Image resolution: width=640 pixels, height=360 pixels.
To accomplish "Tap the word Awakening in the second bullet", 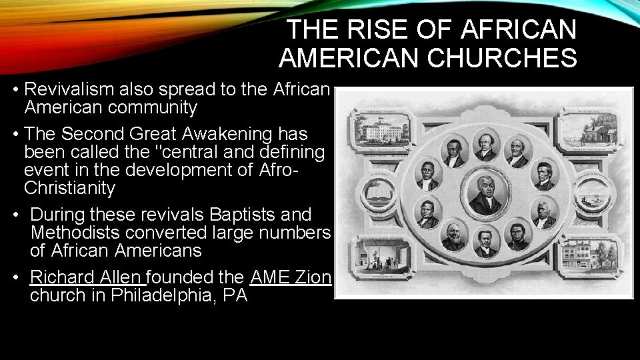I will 213,134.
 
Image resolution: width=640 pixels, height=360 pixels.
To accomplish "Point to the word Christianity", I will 69,188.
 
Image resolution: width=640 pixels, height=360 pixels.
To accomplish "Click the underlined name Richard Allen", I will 86,277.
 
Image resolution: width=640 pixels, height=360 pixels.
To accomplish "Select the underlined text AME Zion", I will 291,277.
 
